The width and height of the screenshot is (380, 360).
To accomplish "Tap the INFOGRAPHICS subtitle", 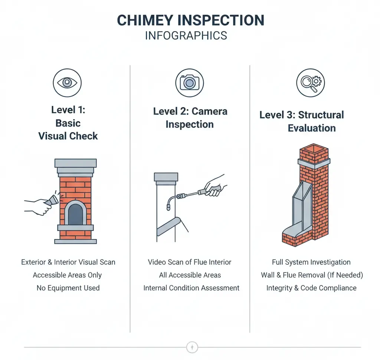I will pyautogui.click(x=186, y=36).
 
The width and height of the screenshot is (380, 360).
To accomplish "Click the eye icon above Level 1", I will pyautogui.click(x=67, y=82).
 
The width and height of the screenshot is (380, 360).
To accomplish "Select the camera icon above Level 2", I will pyautogui.click(x=189, y=82).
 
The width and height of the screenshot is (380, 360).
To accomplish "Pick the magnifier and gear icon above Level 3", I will pyautogui.click(x=310, y=82).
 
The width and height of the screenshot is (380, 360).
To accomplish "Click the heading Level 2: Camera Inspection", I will pyautogui.click(x=190, y=118).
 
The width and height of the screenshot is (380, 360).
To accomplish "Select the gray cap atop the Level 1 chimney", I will pyautogui.click(x=75, y=163).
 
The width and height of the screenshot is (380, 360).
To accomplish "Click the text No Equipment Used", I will pyautogui.click(x=68, y=288).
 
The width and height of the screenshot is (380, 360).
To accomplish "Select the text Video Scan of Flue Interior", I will pyautogui.click(x=189, y=262).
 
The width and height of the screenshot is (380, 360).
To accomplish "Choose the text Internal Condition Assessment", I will pyautogui.click(x=191, y=288).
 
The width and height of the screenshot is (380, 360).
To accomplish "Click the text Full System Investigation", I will pyautogui.click(x=311, y=262).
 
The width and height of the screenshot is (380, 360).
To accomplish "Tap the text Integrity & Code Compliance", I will pyautogui.click(x=311, y=288).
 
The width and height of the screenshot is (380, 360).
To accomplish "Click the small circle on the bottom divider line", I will pyautogui.click(x=192, y=347).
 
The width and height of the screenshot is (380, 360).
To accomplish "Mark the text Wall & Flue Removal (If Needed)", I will pyautogui.click(x=312, y=275).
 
